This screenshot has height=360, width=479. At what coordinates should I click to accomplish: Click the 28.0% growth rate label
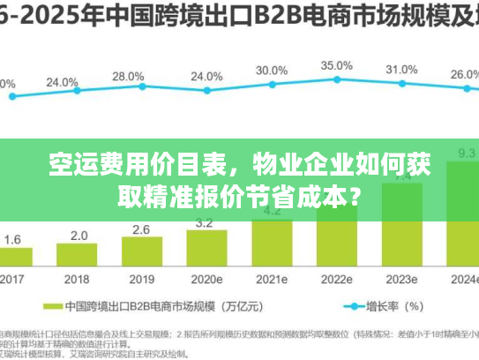tap(129, 76)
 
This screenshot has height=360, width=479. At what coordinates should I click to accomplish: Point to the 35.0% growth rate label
tap(336, 65)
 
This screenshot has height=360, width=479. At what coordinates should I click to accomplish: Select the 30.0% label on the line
tap(271, 70)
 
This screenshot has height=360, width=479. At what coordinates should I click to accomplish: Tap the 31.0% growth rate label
tap(401, 69)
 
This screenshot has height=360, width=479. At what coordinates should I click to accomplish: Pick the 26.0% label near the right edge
tap(464, 75)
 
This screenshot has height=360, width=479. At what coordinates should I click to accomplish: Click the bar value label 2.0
tap(79, 236)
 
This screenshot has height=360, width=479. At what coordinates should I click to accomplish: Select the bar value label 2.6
tap(141, 229)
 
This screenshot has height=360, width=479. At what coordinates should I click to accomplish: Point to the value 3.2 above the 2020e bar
tap(206, 222)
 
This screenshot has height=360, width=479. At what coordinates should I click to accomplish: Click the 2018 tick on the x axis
tap(78, 278)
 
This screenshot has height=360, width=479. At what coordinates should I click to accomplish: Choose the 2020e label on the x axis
tap(206, 278)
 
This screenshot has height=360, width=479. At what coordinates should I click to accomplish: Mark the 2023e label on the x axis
tap(401, 278)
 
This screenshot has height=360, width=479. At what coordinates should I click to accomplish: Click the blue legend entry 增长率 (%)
tap(389, 307)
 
